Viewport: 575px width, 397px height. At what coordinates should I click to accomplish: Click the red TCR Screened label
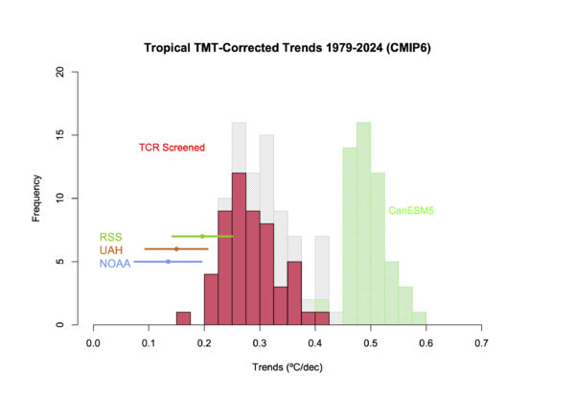click(172, 147)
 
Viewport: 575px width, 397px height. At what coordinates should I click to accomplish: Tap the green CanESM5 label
click(407, 210)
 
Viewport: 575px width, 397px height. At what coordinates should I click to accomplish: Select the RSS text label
click(109, 237)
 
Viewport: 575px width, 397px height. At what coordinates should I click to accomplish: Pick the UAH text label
click(111, 249)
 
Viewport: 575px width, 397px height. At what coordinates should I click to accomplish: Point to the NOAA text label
click(114, 263)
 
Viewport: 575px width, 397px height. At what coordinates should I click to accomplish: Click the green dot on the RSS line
click(202, 236)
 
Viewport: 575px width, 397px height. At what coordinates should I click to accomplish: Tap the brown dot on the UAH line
click(176, 248)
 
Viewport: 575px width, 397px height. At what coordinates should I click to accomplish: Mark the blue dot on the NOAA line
click(168, 261)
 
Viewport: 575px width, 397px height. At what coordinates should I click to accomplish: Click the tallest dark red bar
click(239, 249)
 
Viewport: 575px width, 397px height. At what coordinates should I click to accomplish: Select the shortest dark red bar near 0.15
click(183, 318)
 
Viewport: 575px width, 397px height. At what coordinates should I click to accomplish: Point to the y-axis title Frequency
click(36, 198)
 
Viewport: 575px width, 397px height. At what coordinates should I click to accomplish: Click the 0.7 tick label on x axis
click(481, 341)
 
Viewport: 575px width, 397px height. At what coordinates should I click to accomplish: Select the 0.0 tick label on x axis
click(93, 341)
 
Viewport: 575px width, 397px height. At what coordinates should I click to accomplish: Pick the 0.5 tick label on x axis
click(371, 341)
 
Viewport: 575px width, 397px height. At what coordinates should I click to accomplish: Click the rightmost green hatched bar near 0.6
click(420, 318)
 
